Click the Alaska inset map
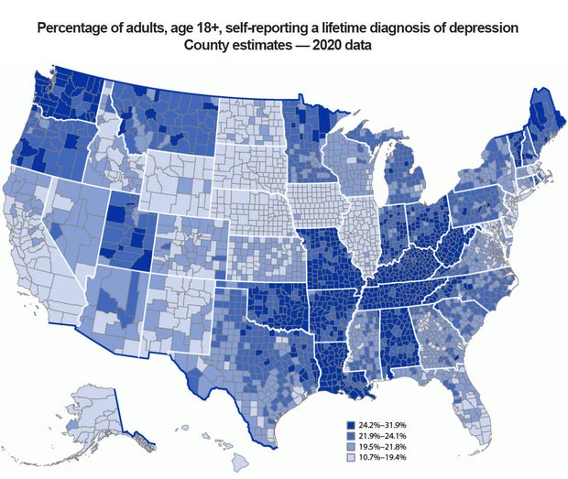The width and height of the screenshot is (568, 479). (92, 412)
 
